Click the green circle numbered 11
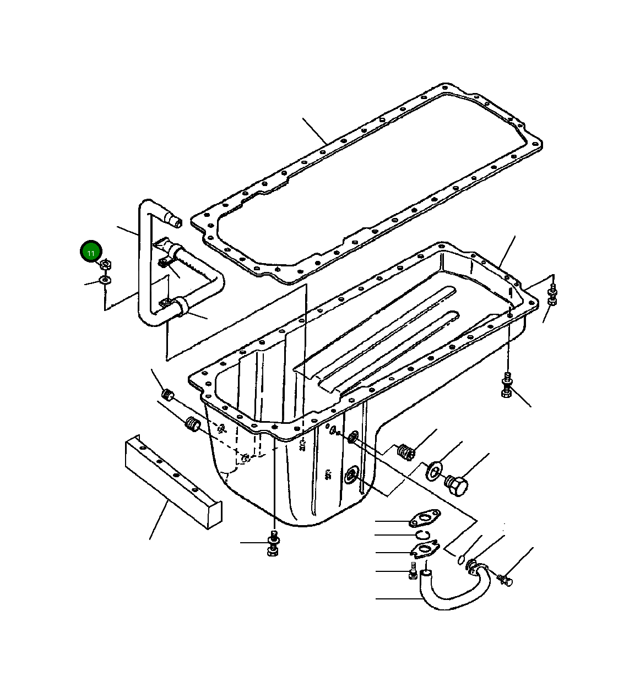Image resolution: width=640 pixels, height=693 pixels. click(x=91, y=253)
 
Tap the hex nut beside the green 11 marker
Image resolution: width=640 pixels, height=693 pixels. click(x=106, y=265)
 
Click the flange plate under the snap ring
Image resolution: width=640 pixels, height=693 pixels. click(x=425, y=550)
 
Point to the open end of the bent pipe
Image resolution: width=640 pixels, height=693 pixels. click(x=176, y=222)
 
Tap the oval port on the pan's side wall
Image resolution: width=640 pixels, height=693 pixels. click(x=351, y=474)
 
